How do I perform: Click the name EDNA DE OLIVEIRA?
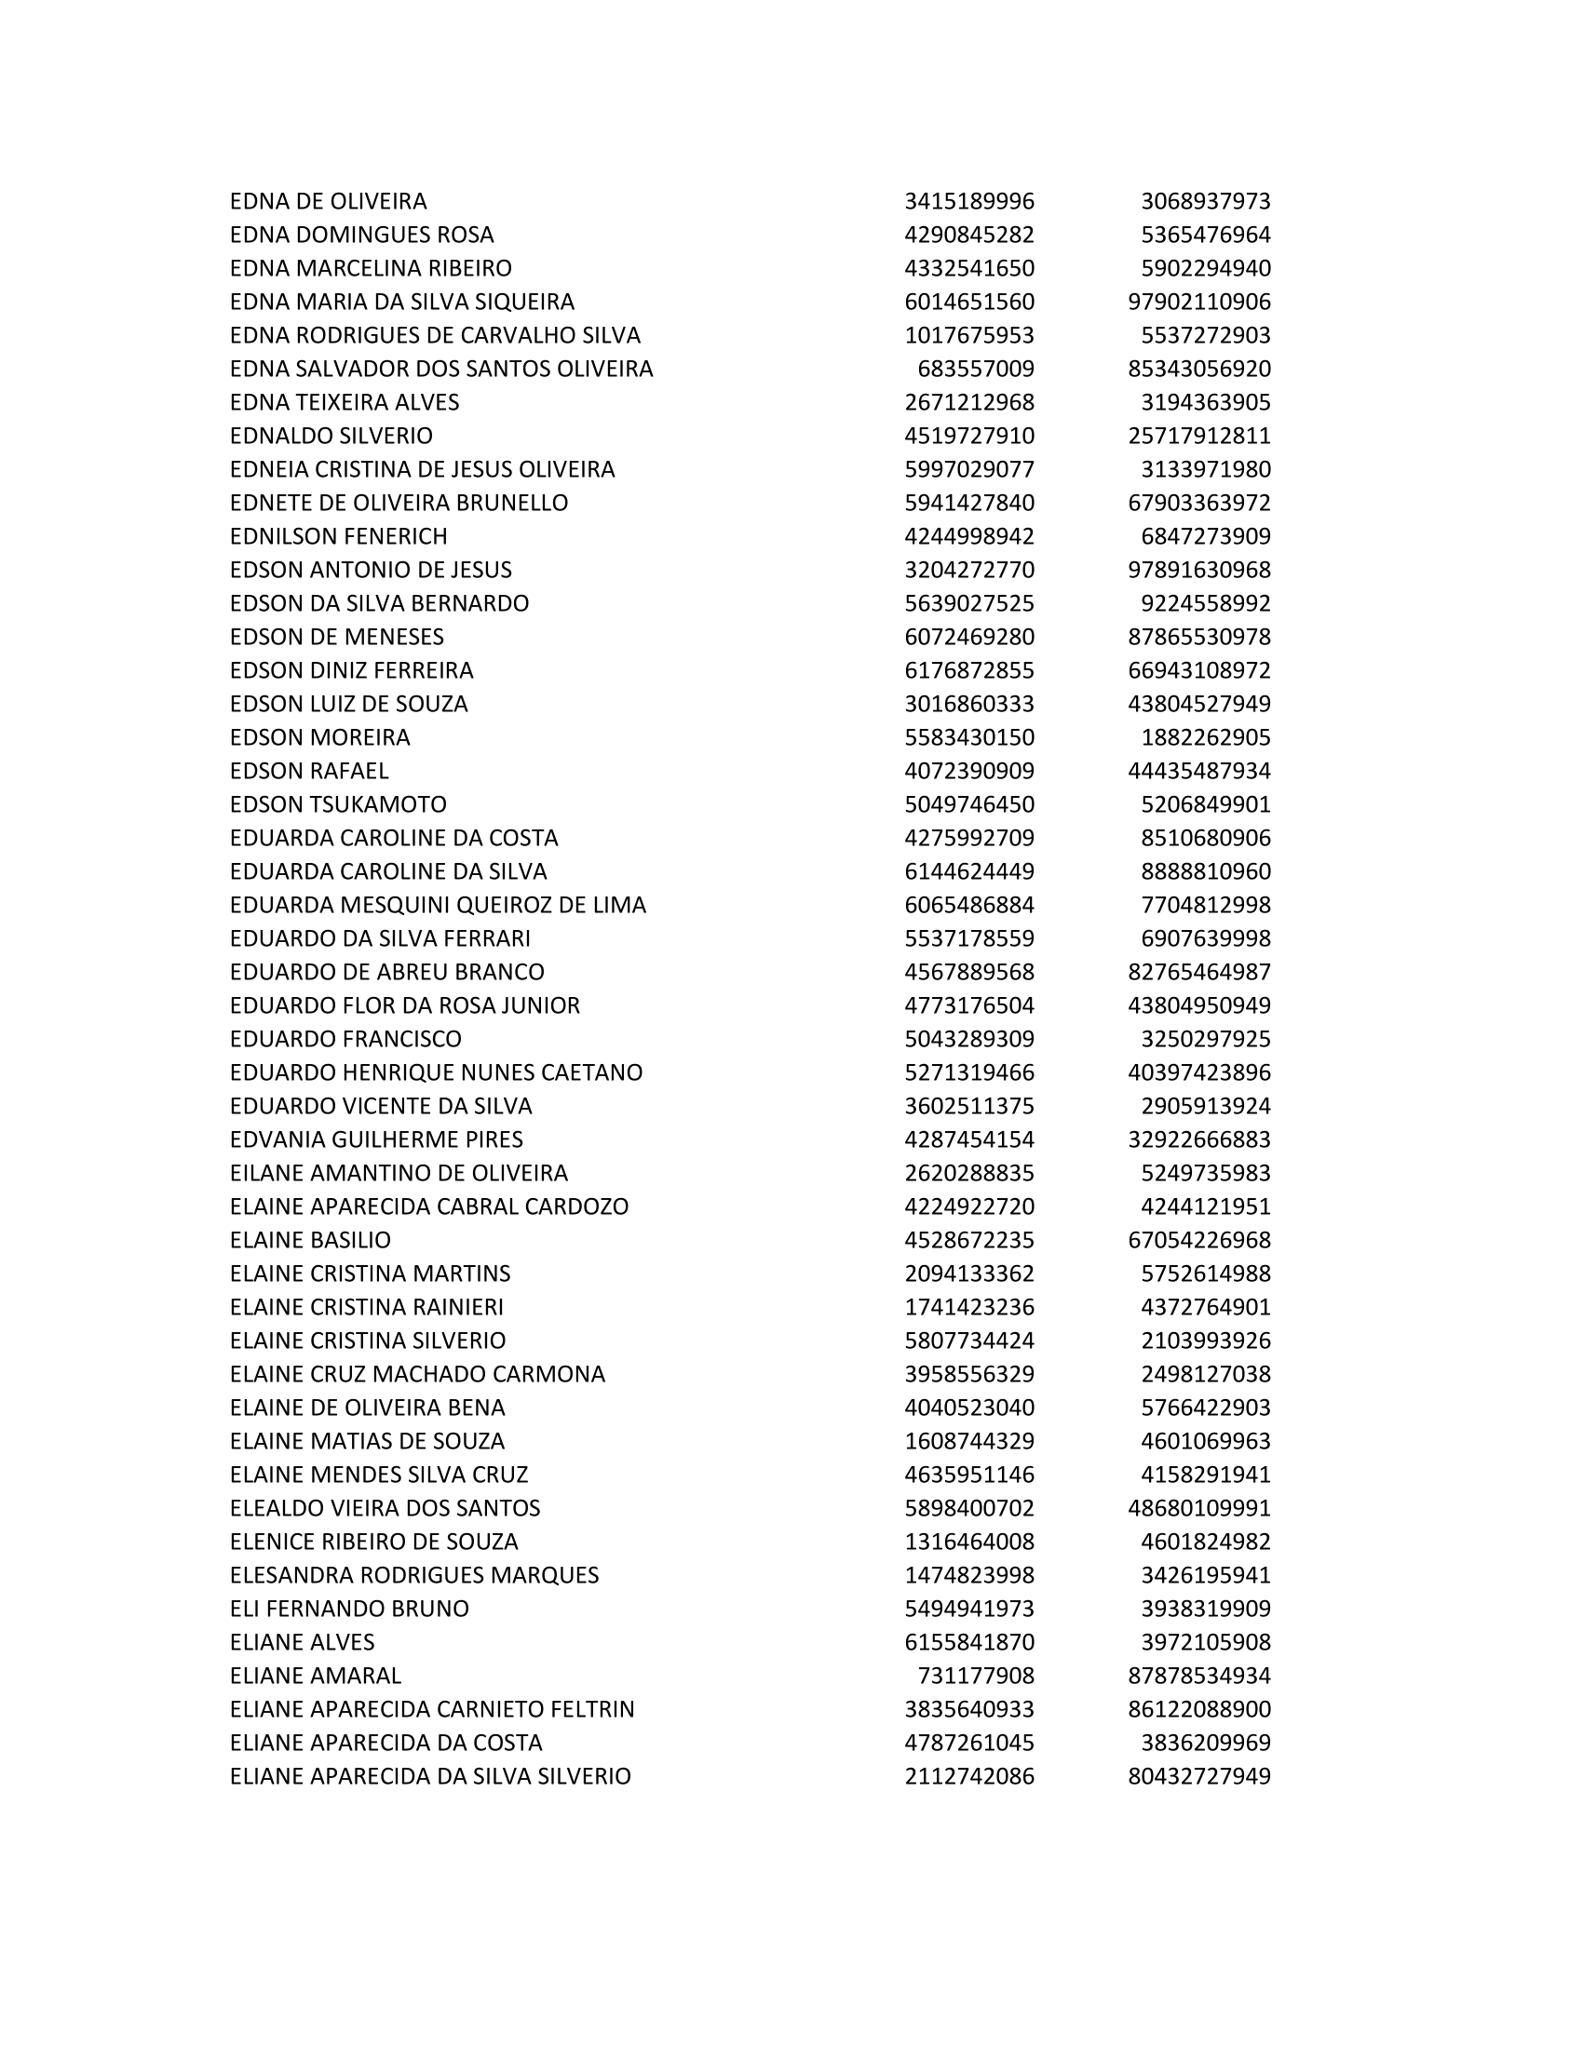(x=328, y=202)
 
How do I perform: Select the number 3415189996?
(x=968, y=202)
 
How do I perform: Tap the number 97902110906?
(x=1199, y=302)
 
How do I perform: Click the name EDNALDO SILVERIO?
(x=331, y=436)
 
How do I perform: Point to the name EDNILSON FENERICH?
(x=339, y=536)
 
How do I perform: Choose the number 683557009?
(x=975, y=369)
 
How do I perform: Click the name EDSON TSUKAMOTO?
(x=338, y=804)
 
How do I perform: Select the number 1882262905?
(x=1205, y=737)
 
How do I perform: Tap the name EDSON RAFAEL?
(x=308, y=771)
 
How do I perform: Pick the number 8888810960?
(x=1205, y=871)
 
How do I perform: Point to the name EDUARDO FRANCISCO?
(x=345, y=1039)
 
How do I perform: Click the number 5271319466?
(x=968, y=1071)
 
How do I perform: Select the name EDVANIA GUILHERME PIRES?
(x=376, y=1139)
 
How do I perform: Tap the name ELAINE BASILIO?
(x=309, y=1240)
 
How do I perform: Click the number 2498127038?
(x=1205, y=1374)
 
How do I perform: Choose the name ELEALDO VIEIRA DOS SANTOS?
(x=385, y=1508)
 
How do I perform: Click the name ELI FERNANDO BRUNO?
(x=349, y=1609)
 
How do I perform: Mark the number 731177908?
(x=975, y=1676)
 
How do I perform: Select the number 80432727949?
(x=1199, y=1776)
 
